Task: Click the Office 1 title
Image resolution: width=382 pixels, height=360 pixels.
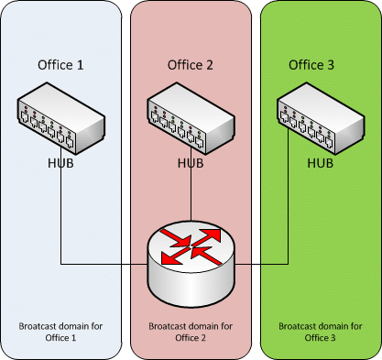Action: coord(60,65)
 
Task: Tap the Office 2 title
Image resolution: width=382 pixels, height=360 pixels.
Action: coord(191,65)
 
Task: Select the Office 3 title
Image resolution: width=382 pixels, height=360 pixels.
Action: coord(311,65)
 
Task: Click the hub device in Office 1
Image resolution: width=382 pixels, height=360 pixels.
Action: coord(61,118)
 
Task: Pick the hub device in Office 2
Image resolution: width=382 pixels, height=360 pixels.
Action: coord(191,118)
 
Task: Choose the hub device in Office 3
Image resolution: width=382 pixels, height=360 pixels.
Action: coord(321,118)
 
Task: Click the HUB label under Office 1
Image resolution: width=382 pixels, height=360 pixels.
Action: coord(60,163)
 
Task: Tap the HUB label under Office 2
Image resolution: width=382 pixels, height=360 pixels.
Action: coord(191,163)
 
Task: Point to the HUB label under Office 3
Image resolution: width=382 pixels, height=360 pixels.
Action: coord(320,163)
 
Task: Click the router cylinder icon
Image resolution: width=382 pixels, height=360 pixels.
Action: coord(191,264)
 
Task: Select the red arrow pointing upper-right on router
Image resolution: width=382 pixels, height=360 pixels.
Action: coord(208,237)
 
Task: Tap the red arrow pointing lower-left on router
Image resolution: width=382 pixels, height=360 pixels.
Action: coord(175,256)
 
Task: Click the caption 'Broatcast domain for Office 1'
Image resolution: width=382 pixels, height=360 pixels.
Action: coord(60,332)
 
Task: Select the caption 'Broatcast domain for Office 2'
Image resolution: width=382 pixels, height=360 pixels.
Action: coord(191,332)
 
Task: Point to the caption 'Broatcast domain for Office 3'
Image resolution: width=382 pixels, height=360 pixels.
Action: coord(321,332)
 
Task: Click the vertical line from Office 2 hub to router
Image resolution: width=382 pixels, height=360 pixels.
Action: coord(191,183)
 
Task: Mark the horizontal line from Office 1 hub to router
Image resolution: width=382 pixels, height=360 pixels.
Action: coord(104,264)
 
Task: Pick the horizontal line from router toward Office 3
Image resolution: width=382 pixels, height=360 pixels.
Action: coord(261,264)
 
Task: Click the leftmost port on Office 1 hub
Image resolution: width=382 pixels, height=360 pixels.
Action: coord(25,117)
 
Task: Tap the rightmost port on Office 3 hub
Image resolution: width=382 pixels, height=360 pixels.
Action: coord(329,142)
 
